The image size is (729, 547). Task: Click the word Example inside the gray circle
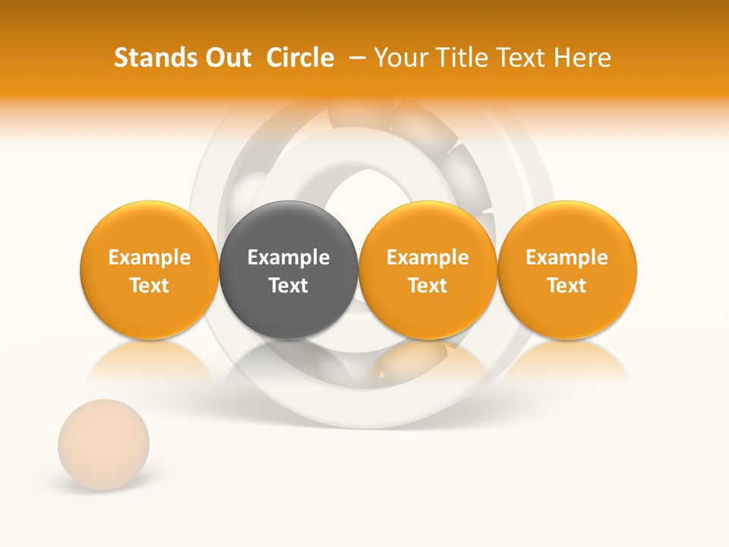[x=289, y=258]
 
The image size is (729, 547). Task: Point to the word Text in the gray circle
[x=289, y=286]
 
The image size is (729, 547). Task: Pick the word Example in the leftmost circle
[x=150, y=258]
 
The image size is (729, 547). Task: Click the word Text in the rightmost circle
[x=567, y=286]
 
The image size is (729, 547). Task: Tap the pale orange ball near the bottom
[x=104, y=444]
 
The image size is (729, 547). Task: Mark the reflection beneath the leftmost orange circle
[x=150, y=363]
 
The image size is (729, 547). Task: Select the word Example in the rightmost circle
[x=567, y=258]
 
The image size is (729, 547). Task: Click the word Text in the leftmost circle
[x=150, y=286]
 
